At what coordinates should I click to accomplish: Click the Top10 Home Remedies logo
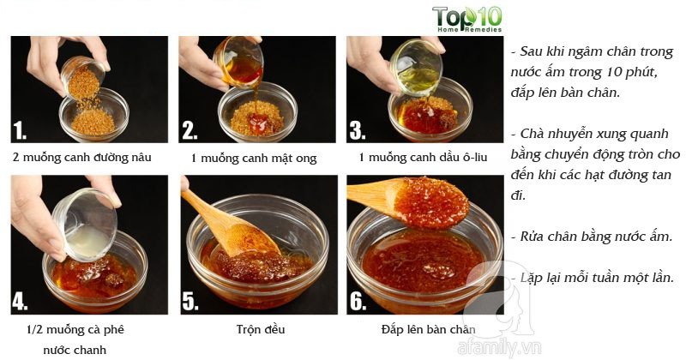[x=466, y=19]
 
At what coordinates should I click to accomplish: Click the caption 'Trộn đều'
[x=260, y=329]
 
